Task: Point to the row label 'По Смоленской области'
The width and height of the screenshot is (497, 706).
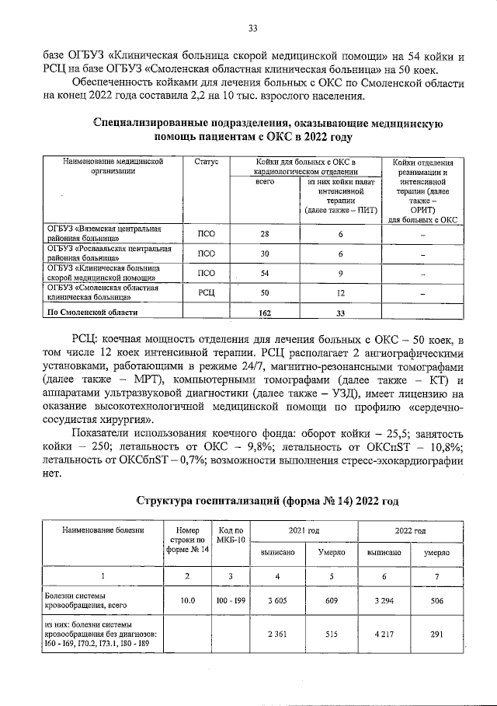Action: [x=93, y=312]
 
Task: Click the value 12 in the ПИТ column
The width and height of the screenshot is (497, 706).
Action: [x=339, y=293]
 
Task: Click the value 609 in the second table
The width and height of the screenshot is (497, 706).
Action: [x=331, y=599]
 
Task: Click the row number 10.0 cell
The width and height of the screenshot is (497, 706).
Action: [x=187, y=599]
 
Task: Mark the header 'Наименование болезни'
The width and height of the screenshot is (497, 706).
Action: [x=98, y=530]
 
